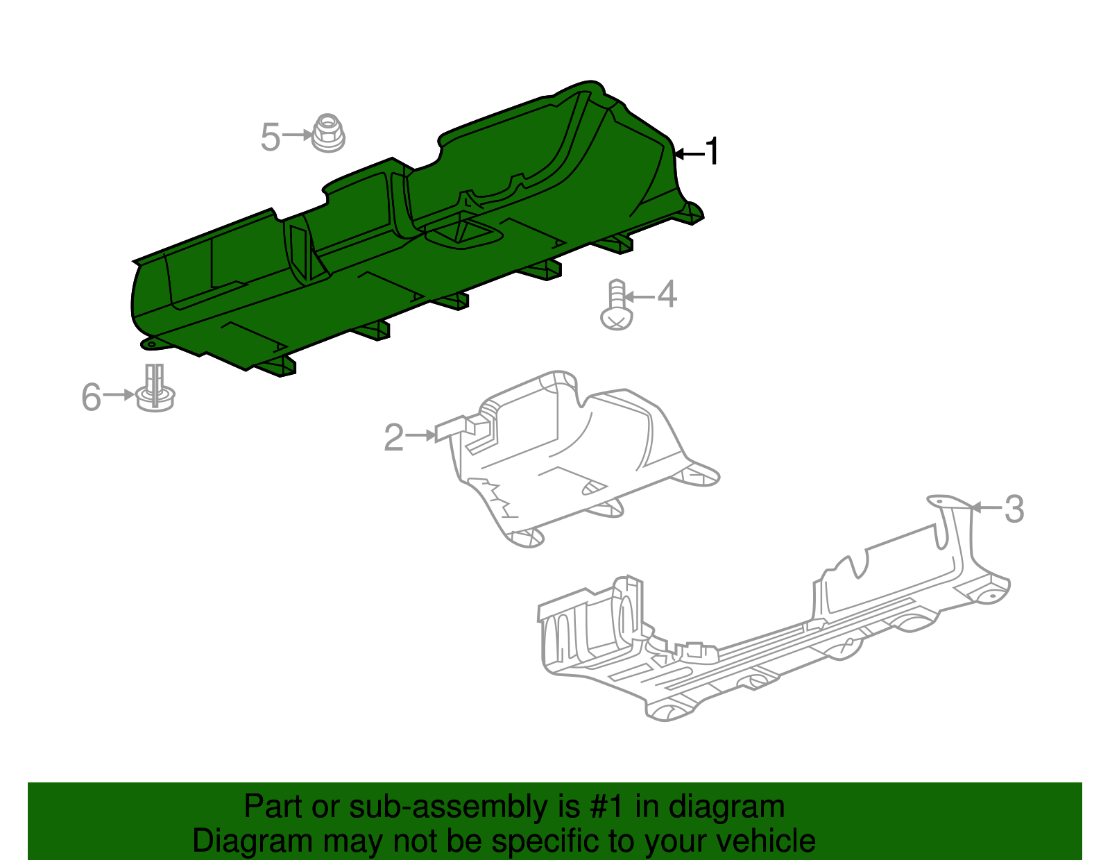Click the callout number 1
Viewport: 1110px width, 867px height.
click(x=712, y=151)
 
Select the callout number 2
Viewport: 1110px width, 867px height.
click(x=394, y=437)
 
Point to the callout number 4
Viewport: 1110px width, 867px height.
click(x=667, y=294)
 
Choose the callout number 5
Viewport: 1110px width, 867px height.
click(x=271, y=137)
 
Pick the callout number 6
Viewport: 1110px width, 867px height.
click(x=92, y=397)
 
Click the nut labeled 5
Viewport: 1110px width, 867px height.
click(x=328, y=133)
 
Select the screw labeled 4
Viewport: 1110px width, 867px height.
click(x=617, y=305)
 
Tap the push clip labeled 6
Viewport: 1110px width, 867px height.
click(x=155, y=388)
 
